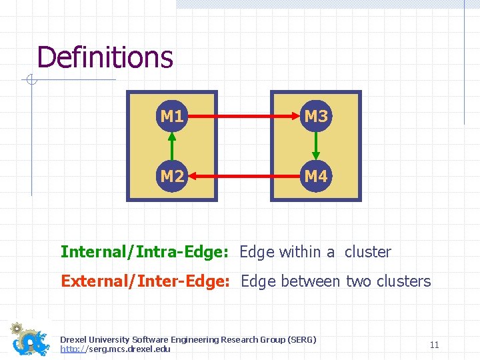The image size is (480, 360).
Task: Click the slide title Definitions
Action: (105, 57)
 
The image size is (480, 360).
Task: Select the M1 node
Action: (172, 117)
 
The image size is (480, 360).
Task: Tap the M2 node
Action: (172, 177)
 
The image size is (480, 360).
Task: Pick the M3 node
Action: (316, 117)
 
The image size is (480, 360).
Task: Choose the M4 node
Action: (316, 177)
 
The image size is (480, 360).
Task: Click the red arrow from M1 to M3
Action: (244, 117)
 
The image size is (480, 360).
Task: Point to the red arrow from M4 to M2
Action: (244, 177)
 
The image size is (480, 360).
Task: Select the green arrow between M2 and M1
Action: (172, 147)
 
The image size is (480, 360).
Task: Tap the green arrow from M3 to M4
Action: (316, 147)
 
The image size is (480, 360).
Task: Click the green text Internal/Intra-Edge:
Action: (145, 252)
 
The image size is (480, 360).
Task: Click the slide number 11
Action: (434, 345)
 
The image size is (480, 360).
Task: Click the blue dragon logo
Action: (31, 340)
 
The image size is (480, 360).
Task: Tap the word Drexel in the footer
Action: (72, 340)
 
